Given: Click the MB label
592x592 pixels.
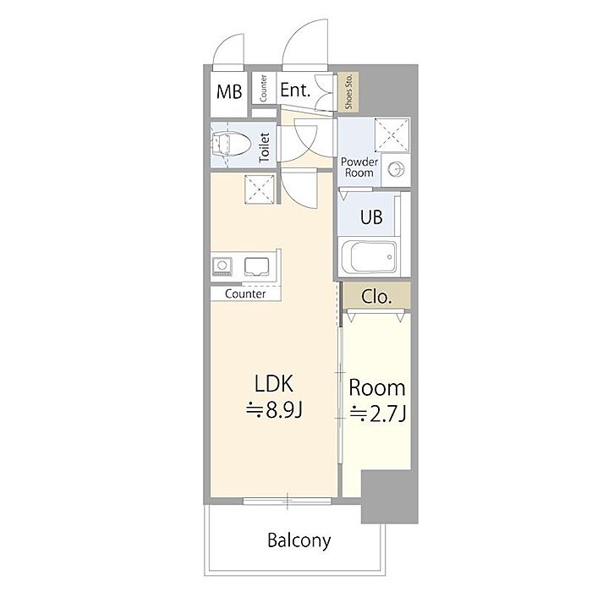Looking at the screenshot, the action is click(x=229, y=91).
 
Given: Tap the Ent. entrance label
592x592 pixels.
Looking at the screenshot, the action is click(x=295, y=90).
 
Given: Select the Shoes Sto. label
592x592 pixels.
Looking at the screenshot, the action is click(x=348, y=91).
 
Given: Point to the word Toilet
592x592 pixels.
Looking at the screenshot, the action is click(x=264, y=148).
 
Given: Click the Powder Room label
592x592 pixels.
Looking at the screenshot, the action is click(x=359, y=167).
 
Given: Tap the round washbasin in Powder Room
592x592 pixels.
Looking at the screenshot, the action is click(x=396, y=169).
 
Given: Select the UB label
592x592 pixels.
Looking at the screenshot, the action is click(x=371, y=217).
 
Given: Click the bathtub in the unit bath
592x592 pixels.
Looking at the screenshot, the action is click(x=374, y=257).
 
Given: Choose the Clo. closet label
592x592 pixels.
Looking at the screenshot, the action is click(x=376, y=297).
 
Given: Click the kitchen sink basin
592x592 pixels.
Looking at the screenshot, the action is click(x=257, y=266).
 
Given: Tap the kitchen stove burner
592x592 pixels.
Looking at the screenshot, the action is click(x=222, y=266).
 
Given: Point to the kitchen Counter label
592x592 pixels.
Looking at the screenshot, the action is click(x=245, y=293).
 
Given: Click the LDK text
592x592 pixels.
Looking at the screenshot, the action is click(x=274, y=384).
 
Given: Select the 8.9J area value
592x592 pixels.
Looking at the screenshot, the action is click(x=275, y=410).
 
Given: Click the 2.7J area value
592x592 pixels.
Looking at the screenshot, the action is click(x=378, y=414).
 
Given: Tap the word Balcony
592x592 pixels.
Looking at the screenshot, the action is click(x=299, y=540).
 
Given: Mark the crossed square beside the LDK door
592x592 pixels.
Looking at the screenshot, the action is click(x=260, y=189).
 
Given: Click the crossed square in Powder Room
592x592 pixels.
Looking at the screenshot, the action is click(x=392, y=134).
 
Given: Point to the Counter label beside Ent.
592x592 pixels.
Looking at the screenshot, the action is click(x=264, y=88).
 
